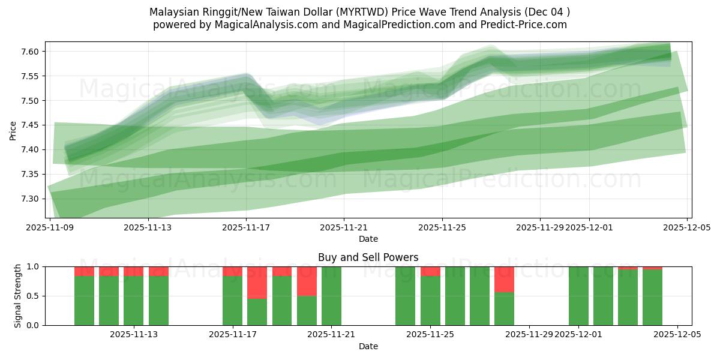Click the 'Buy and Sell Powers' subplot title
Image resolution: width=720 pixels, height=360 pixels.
(368, 257)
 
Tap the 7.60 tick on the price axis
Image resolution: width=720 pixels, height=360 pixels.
(30, 52)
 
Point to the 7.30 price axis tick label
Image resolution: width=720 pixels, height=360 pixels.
(30, 199)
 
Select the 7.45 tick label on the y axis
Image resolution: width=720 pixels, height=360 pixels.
(30, 125)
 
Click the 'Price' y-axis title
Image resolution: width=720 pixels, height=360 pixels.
(13, 130)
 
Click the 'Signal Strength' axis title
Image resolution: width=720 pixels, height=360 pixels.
(18, 296)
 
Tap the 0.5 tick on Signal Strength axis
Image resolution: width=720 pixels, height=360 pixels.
(33, 296)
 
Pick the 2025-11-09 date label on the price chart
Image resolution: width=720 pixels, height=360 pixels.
(50, 227)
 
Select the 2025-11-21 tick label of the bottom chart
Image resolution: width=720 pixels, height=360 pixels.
(331, 334)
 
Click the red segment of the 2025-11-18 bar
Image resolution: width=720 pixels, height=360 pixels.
(257, 282)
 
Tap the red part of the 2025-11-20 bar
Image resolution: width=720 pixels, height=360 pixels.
(307, 281)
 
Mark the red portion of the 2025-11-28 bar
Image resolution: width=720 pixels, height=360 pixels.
(504, 279)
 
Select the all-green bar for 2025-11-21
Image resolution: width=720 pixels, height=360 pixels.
(331, 296)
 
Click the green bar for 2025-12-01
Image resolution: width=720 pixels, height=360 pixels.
(578, 296)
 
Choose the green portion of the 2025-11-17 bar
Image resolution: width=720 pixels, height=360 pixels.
(232, 300)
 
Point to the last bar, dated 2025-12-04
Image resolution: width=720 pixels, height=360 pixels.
(652, 297)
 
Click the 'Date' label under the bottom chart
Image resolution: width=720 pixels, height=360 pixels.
(368, 346)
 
